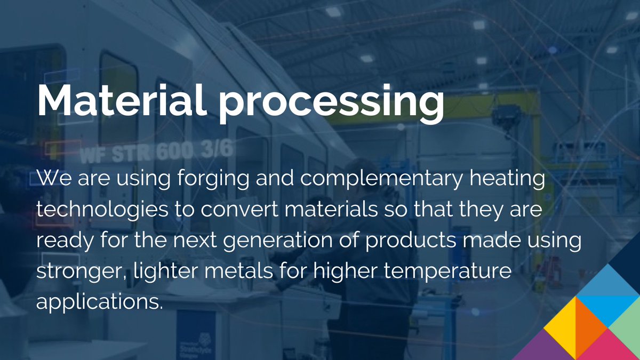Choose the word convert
pos(241,209)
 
